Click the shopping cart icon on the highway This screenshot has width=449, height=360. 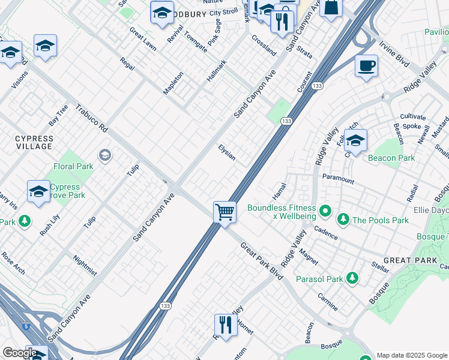[224, 212]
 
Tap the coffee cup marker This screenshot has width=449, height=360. [366, 66]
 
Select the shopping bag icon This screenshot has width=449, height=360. [330, 8]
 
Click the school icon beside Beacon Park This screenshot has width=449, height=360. [355, 142]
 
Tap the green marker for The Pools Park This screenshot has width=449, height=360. [343, 220]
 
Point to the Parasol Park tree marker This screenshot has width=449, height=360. [352, 278]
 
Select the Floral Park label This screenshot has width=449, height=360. [73, 166]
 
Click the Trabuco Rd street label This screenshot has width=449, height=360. [91, 119]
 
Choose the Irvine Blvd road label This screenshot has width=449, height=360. [394, 54]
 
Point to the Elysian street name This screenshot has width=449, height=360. [227, 152]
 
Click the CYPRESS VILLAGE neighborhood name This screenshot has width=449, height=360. [34, 142]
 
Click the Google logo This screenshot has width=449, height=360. [20, 352]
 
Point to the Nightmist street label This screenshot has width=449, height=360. [84, 265]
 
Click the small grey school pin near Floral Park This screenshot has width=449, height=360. [105, 157]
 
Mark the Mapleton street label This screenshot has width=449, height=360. [173, 83]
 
